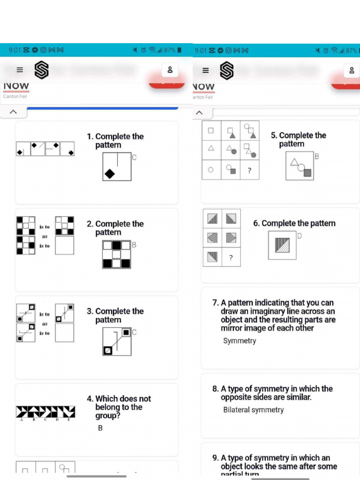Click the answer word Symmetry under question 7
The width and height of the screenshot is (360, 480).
pyautogui.click(x=240, y=341)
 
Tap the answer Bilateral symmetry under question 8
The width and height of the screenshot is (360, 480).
pyautogui.click(x=253, y=410)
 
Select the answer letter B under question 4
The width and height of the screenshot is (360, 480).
pyautogui.click(x=100, y=428)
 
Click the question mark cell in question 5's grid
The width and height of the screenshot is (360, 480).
pyautogui.click(x=249, y=170)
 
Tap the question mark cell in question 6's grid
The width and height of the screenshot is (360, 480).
pyautogui.click(x=231, y=257)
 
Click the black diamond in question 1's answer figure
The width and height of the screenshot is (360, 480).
pyautogui.click(x=110, y=174)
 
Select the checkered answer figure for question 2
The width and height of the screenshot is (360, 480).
pyautogui.click(x=117, y=254)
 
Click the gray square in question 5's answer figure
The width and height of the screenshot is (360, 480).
pyautogui.click(x=307, y=173)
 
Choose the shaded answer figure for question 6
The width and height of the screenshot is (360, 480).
pyautogui.click(x=282, y=245)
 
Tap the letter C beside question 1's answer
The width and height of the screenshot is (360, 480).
pyautogui.click(x=134, y=157)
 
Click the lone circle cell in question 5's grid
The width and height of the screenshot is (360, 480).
pyautogui.click(x=211, y=170)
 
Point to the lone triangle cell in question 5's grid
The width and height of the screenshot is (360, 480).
pyautogui.click(x=211, y=148)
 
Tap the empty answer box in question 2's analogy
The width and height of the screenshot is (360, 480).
pyautogui.click(x=64, y=245)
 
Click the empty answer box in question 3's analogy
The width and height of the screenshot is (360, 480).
pyautogui.click(x=64, y=333)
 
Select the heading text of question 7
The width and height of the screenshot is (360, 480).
pyautogui.click(x=274, y=315)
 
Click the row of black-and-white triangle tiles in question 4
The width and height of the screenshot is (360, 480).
pyautogui.click(x=45, y=412)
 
